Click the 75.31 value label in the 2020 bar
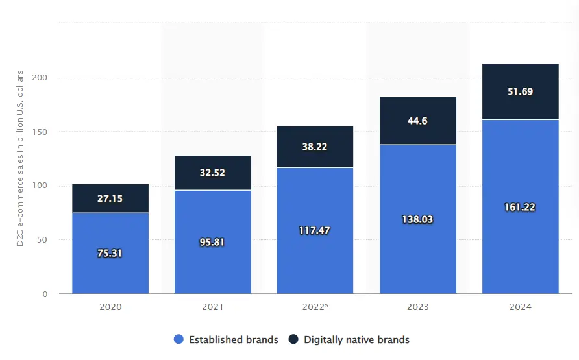[110, 253]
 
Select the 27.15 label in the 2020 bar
[110, 198]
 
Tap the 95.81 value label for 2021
[212, 242]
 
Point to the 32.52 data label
[212, 173]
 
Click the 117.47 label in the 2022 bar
[315, 230]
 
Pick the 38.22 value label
[315, 147]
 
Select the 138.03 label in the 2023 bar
[417, 219]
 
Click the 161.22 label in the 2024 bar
[520, 207]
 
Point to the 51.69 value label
[520, 91]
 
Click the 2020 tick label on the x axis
[110, 307]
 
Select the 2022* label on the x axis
[315, 307]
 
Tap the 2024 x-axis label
[520, 307]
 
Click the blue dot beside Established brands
[179, 339]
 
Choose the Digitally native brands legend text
[356, 339]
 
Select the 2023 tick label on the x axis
[417, 307]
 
